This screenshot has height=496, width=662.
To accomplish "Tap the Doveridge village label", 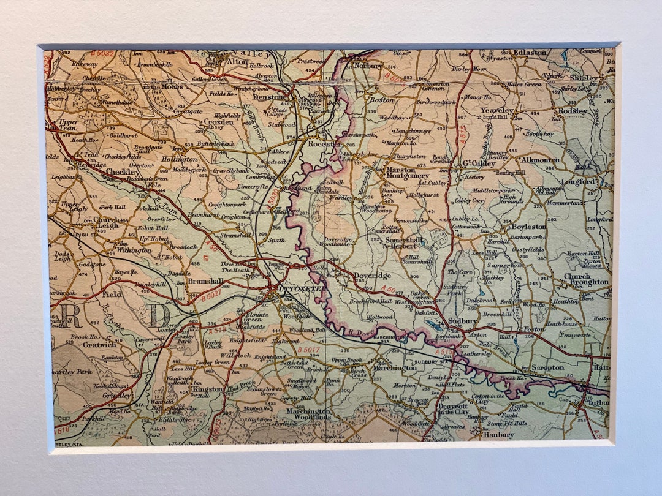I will click(x=372, y=277).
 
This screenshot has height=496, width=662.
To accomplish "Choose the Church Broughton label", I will click(x=586, y=279).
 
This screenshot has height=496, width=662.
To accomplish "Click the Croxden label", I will click(x=219, y=122).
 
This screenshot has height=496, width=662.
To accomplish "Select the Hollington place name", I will click(x=180, y=159).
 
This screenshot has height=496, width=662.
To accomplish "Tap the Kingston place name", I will click(x=207, y=389).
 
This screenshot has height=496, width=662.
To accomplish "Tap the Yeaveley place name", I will click(x=497, y=110).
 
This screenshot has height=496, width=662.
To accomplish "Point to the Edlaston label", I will click(x=530, y=53).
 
